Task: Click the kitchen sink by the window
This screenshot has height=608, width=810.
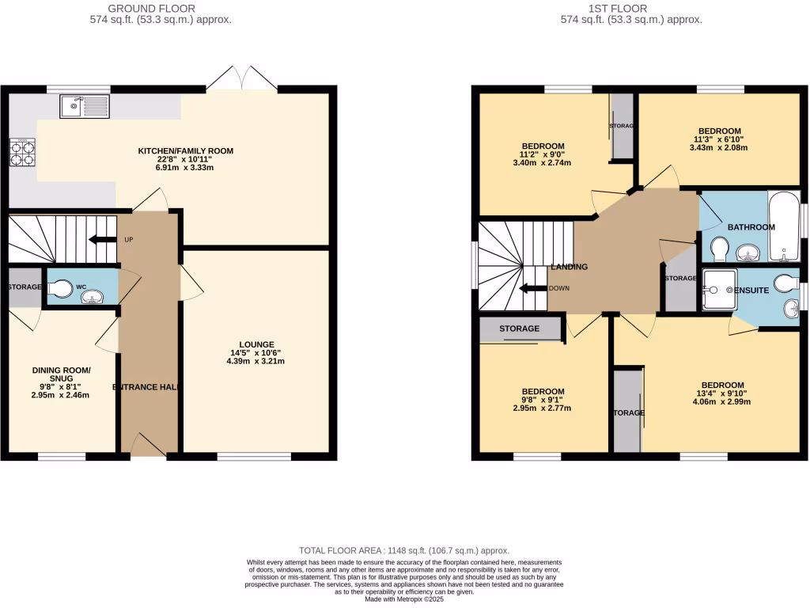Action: click(x=85, y=105)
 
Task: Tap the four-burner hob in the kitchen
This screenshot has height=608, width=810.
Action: click(x=22, y=152)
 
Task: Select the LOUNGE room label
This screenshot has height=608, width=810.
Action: click(x=255, y=344)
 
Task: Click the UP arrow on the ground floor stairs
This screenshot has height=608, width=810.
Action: click(x=103, y=240)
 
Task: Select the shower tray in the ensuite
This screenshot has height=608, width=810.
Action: click(x=717, y=290)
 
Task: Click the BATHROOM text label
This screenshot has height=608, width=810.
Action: click(x=751, y=227)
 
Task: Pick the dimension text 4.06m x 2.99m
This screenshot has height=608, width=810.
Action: click(x=722, y=402)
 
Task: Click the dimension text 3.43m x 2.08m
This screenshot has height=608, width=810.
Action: click(x=718, y=148)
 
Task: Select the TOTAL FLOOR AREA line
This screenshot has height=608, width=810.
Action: click(x=405, y=549)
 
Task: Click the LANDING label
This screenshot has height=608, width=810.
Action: click(x=569, y=268)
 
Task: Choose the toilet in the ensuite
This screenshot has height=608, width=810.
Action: click(x=787, y=283)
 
